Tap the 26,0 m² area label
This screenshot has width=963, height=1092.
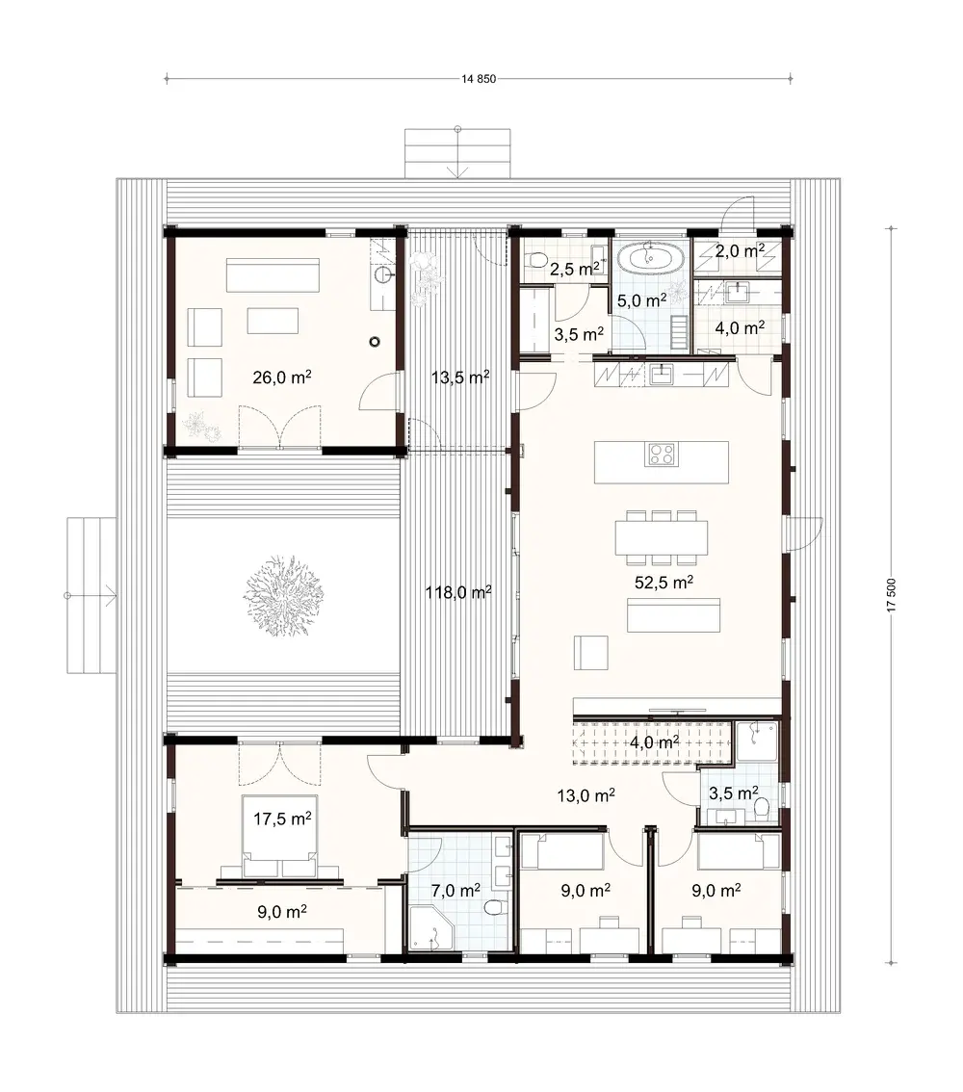281,377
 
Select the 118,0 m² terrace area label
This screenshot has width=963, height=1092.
458,593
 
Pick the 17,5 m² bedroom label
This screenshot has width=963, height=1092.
281,819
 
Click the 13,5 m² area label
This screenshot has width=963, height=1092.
458,377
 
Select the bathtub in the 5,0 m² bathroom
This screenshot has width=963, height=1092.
648,259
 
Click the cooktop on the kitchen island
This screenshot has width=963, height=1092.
662,454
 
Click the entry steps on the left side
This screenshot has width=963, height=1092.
91,595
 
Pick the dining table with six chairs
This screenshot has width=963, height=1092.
663,537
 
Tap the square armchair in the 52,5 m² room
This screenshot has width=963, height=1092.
590,652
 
